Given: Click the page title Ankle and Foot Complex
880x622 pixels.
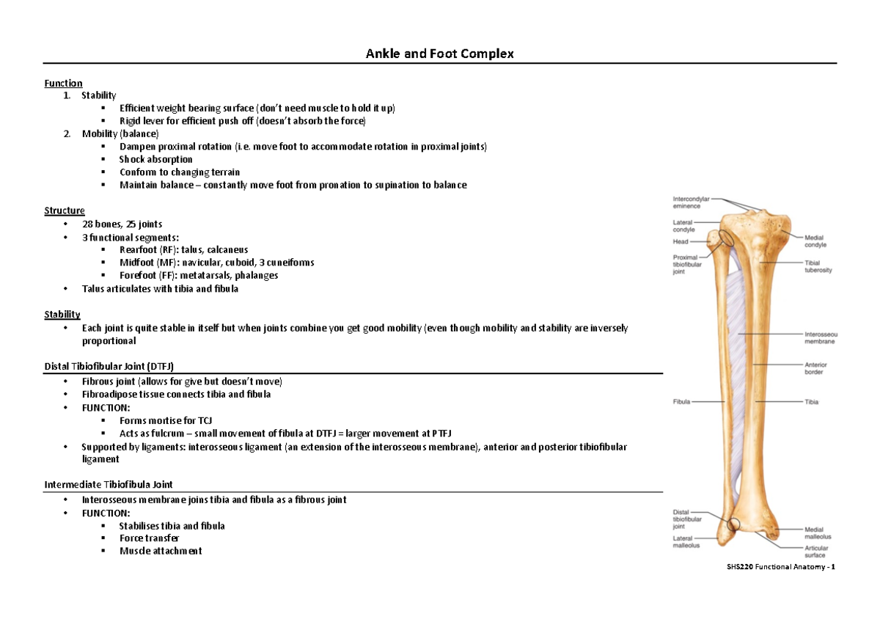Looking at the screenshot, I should pos(440,54).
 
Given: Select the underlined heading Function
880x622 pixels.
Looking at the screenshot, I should pos(63,83).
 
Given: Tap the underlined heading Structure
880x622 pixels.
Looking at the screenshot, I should pos(65,211).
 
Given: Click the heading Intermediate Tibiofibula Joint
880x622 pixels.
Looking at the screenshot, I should pos(109,484).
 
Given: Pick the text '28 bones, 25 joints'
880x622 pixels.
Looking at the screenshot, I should pos(122,224).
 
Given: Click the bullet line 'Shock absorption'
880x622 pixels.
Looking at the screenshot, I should pos(155,159).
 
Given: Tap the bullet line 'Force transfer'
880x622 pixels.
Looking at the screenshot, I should pos(149,538).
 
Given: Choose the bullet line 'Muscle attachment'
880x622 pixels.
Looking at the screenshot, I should pos(161,551).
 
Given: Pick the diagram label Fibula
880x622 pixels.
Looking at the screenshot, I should pos(683,401).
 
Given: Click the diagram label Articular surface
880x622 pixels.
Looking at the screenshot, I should pos(816,552).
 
